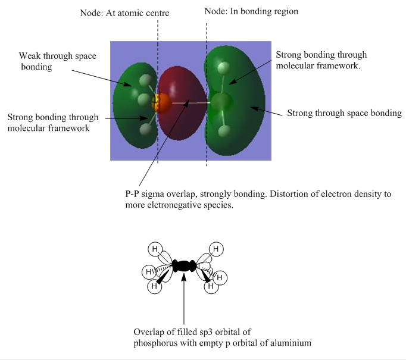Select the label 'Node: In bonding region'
coord(251,11)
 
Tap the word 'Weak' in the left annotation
coord(30,56)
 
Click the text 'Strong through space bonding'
coord(344,113)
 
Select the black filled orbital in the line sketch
coord(184,266)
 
